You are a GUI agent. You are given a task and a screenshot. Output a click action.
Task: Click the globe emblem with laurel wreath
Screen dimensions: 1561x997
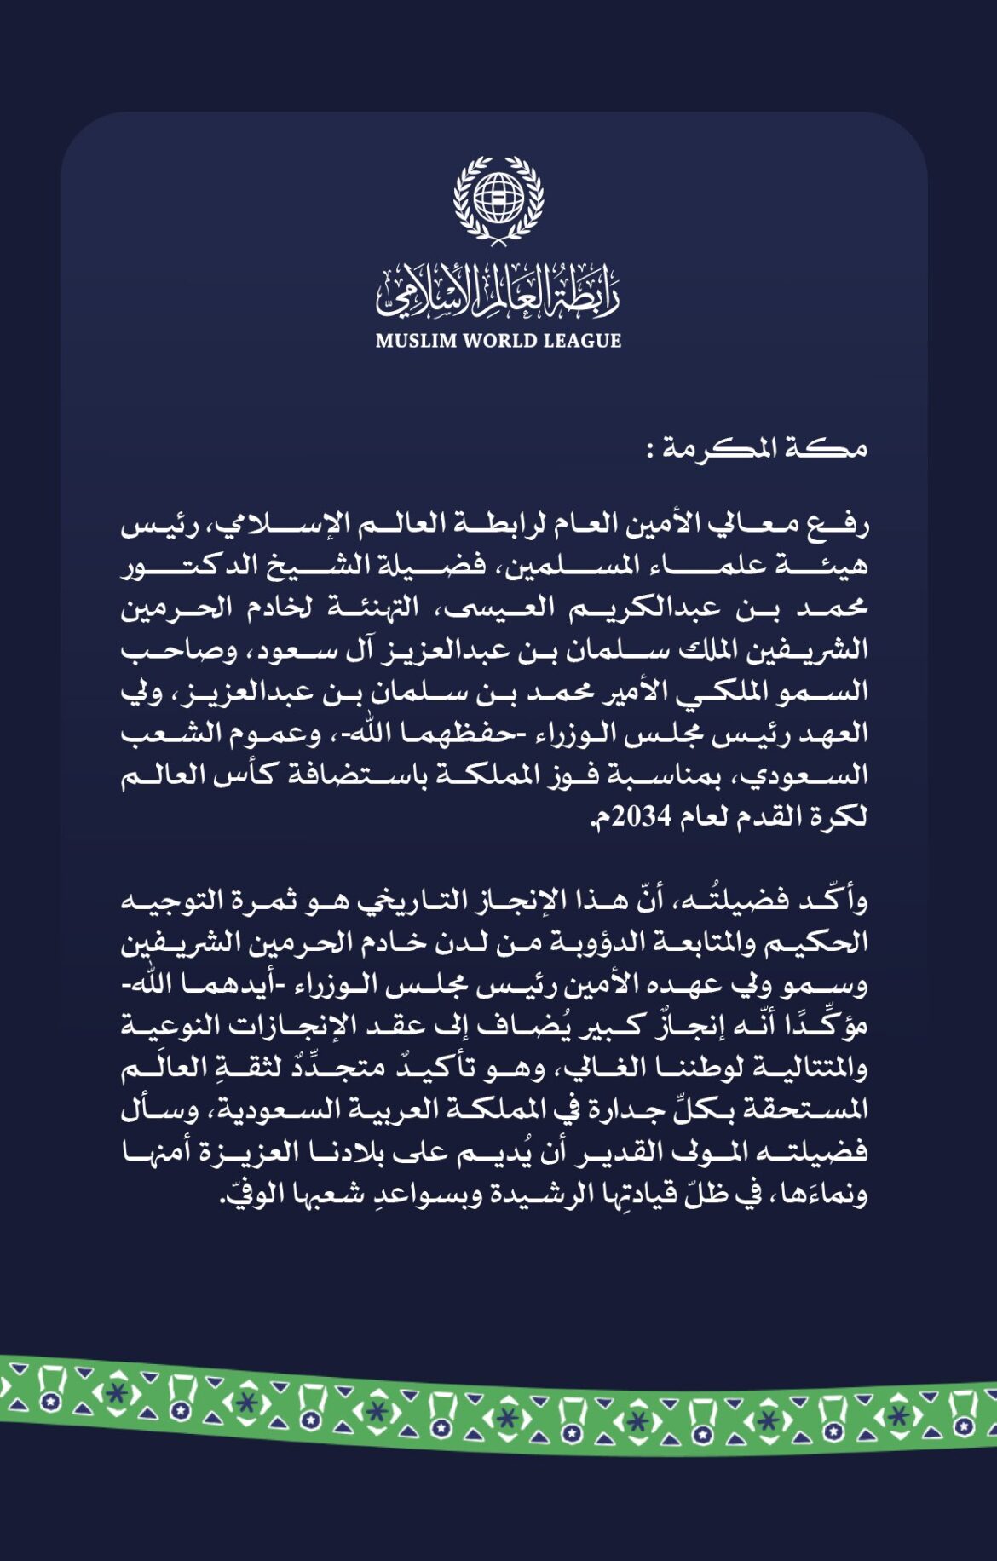(x=498, y=199)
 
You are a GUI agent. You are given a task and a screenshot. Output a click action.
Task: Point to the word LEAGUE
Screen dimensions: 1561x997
(x=582, y=341)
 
